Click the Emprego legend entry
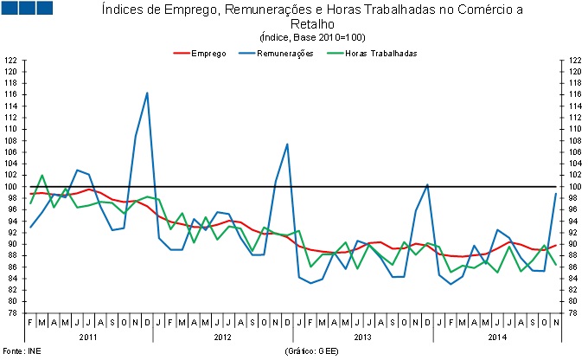click(x=208, y=53)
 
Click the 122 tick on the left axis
click(x=11, y=60)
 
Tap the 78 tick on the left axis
click(x=11, y=312)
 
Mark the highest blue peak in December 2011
click(x=147, y=93)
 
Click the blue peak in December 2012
click(x=287, y=144)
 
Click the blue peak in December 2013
click(x=427, y=184)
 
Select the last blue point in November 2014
click(x=555, y=193)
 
